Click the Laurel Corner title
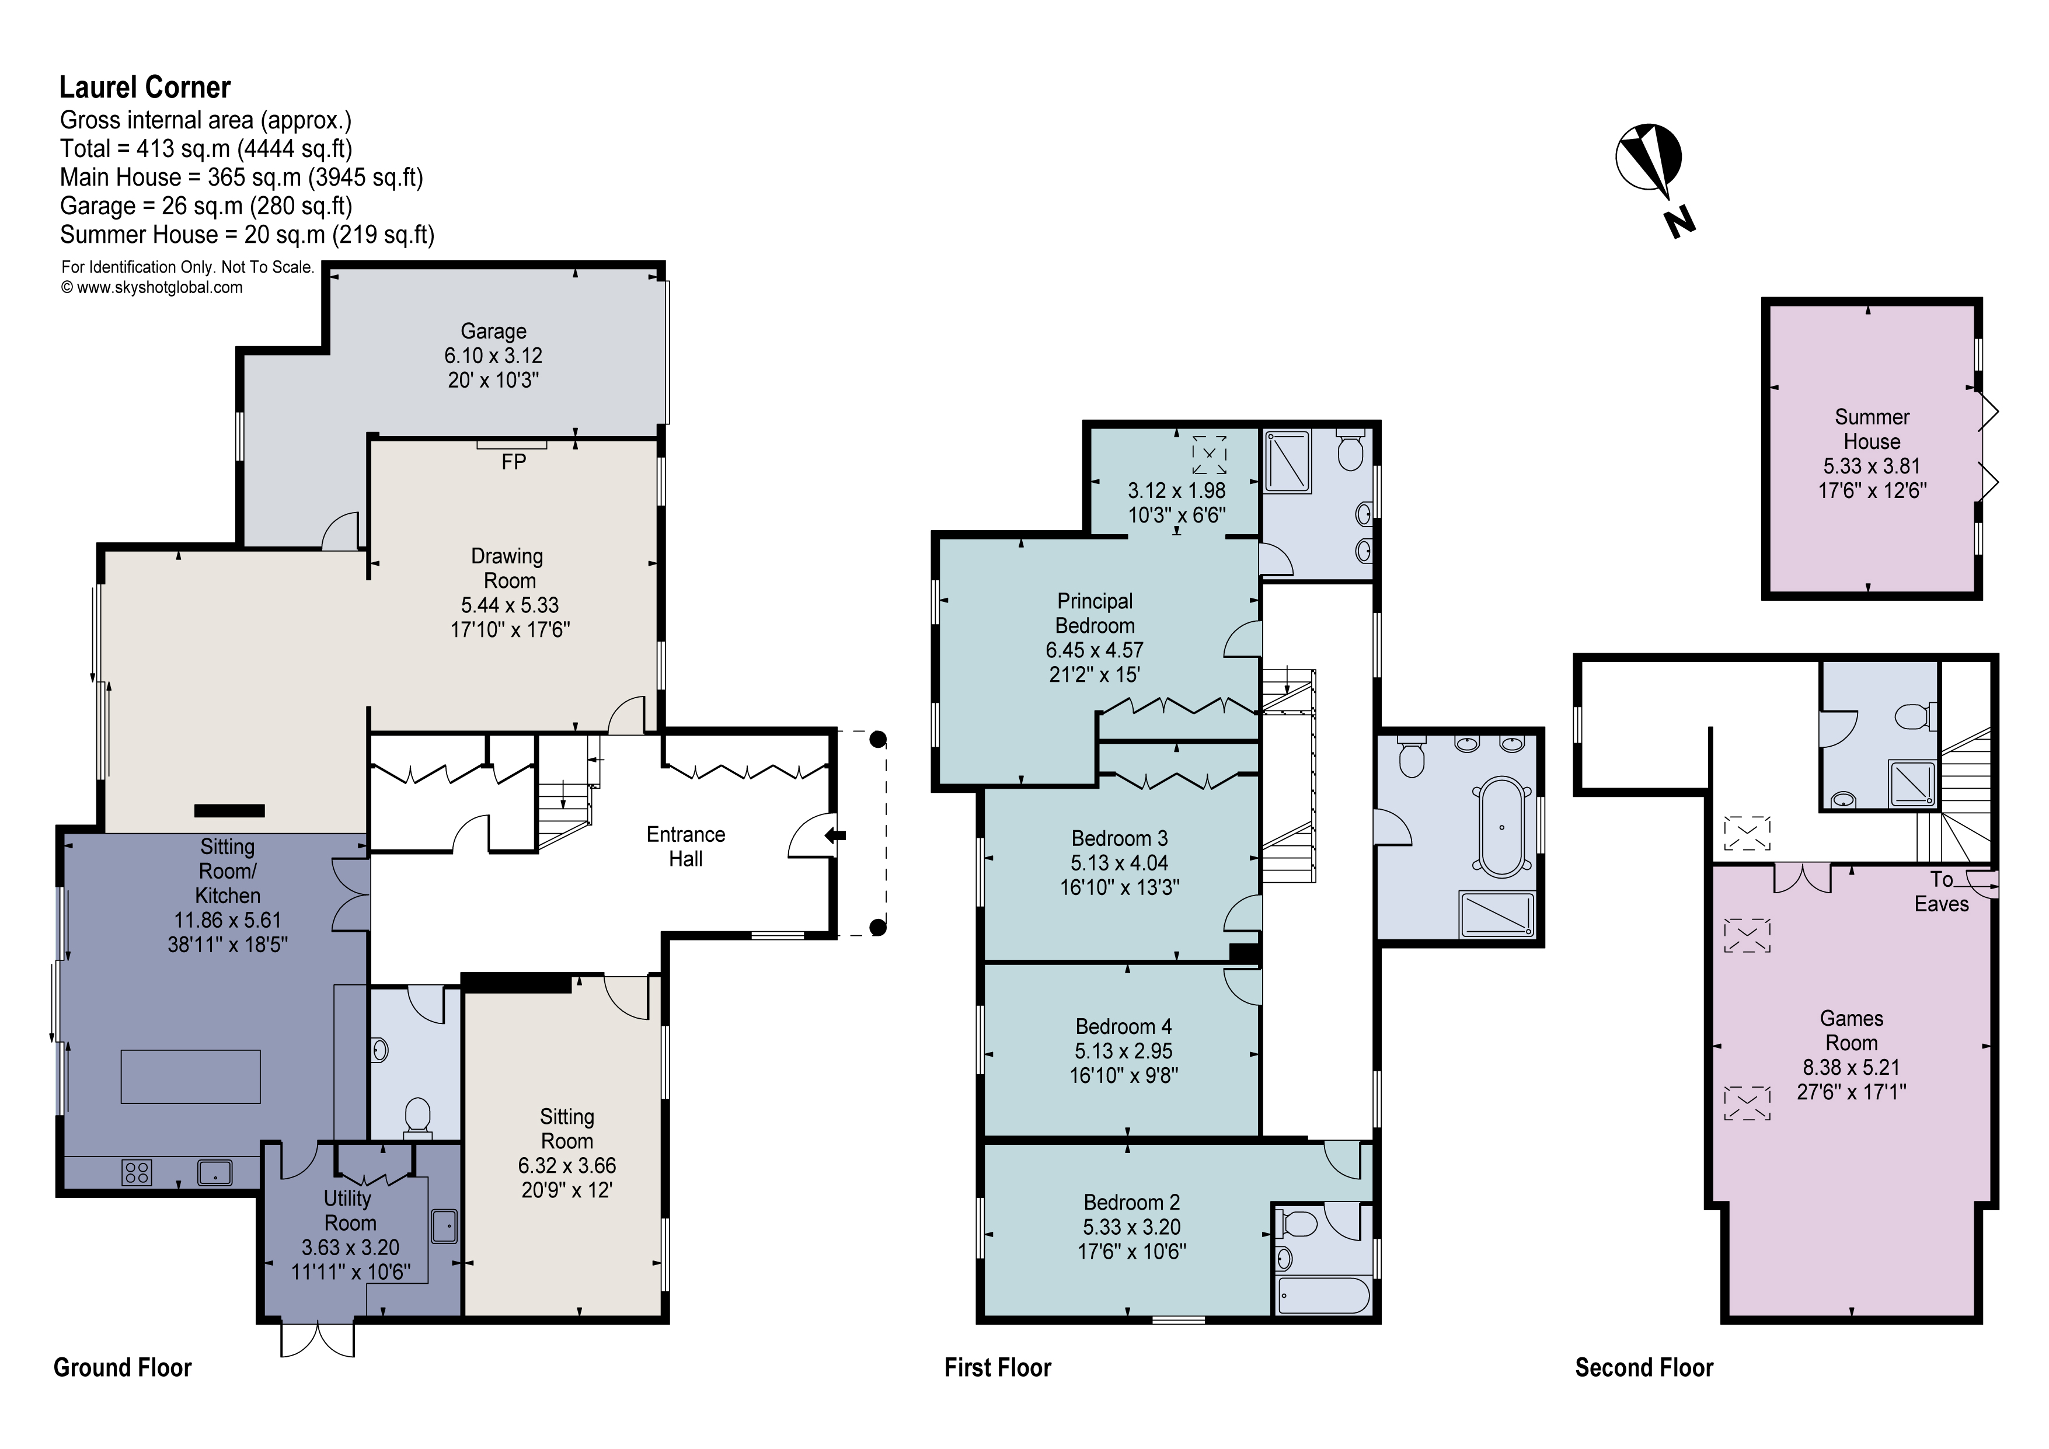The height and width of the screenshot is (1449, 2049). pos(145,88)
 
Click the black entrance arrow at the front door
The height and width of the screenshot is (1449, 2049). pos(835,836)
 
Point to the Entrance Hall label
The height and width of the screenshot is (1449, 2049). pos(685,847)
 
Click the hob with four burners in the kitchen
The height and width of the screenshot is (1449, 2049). pos(137,1172)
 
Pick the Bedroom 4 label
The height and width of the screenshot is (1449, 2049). pos(1124,1026)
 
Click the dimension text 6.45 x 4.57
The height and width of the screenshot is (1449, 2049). pos(1094,650)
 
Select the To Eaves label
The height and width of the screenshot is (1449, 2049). pos(1941,891)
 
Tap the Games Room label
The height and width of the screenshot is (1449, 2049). pos(1851,1030)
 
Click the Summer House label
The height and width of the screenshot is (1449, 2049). pos(1872,429)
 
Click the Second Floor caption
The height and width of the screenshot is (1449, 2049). pos(1644,1368)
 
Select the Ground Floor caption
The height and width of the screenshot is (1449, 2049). pos(122,1368)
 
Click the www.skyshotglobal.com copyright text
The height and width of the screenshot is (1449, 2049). pos(152,287)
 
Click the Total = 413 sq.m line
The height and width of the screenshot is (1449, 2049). pos(205,148)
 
